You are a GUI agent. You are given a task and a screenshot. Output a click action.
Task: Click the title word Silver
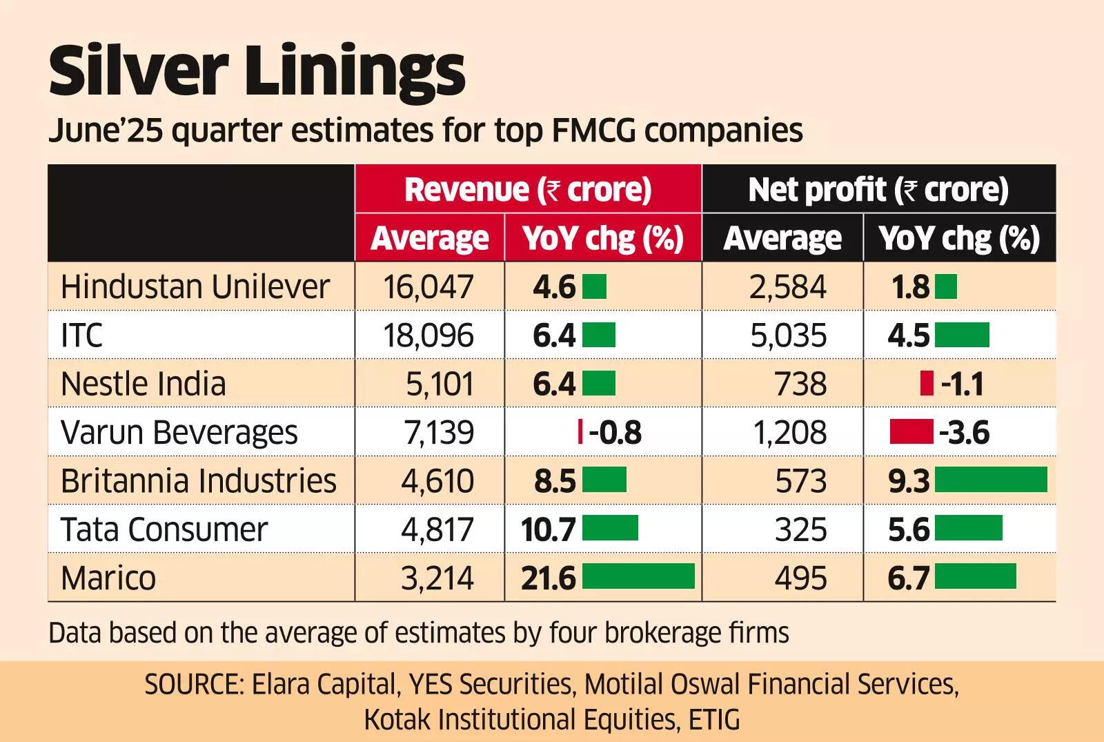coord(138,71)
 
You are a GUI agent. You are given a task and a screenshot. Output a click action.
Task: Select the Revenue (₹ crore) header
coord(528,190)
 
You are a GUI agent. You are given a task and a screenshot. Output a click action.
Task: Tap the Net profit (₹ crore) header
coord(878,190)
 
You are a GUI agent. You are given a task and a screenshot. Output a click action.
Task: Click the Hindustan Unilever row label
coord(195,287)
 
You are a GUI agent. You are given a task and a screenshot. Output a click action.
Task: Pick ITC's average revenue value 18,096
coord(428,335)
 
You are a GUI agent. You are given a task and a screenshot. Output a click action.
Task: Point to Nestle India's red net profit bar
coord(927,383)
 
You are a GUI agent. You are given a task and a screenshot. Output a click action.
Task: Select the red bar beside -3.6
coord(911,431)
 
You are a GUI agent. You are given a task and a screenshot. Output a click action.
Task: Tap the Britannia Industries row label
coord(198,481)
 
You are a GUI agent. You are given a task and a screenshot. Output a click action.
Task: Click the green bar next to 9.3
coord(991,480)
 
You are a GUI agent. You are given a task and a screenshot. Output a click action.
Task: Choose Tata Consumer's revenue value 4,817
coord(437,529)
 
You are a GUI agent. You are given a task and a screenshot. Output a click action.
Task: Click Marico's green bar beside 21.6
coord(638,576)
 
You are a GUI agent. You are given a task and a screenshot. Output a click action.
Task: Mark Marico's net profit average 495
coord(800,578)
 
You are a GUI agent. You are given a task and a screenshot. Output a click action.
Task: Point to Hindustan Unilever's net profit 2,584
coord(788,287)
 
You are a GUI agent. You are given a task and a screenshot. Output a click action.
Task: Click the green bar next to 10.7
coord(610,528)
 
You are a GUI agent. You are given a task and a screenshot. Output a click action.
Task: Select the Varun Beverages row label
coord(179,433)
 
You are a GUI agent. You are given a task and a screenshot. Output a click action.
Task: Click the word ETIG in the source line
coord(714,720)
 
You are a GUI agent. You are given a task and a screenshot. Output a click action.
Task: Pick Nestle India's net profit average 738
coord(800,384)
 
